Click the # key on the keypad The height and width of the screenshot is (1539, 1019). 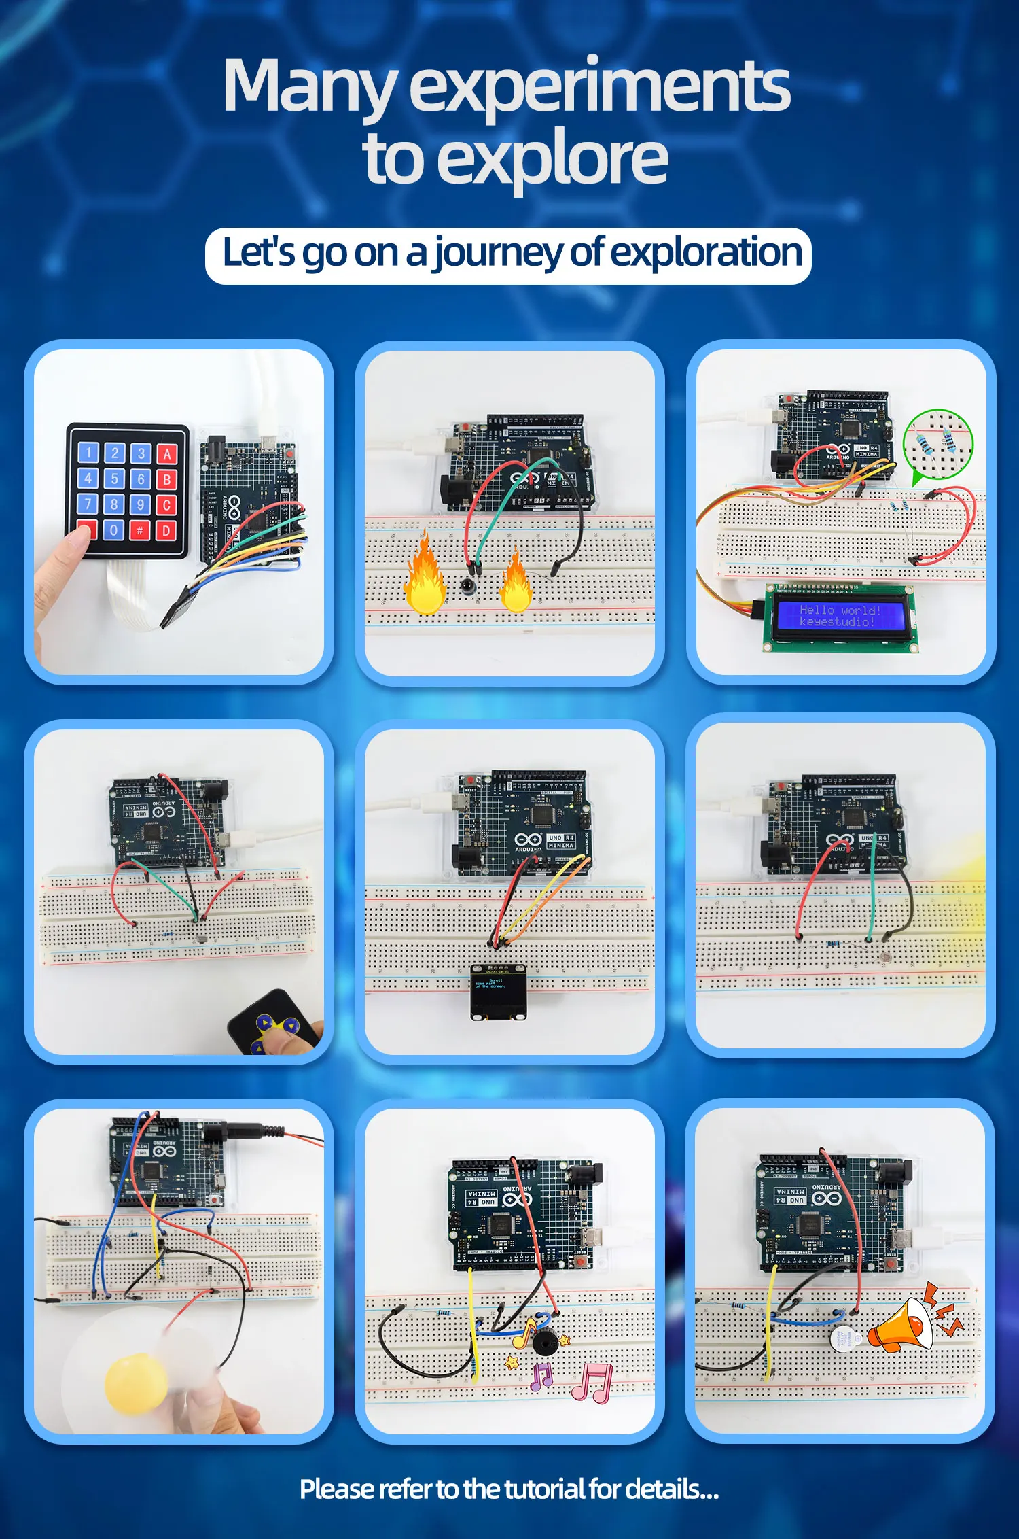(140, 530)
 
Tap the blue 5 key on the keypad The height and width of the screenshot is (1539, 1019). (114, 479)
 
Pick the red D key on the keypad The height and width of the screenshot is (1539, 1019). (166, 530)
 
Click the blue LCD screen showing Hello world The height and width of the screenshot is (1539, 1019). (840, 616)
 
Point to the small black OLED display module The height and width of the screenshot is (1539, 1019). (498, 992)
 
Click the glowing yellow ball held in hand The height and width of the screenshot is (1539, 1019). (136, 1383)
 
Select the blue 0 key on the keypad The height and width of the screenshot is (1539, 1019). (113, 530)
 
